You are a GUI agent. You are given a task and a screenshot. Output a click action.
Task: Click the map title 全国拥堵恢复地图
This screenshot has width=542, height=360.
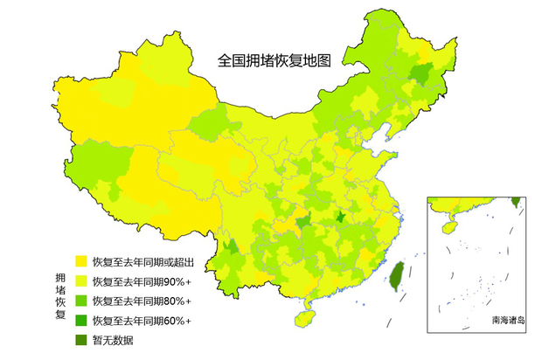[274, 61]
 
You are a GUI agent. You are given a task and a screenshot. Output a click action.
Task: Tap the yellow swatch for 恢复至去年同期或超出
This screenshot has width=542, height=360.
[80, 261]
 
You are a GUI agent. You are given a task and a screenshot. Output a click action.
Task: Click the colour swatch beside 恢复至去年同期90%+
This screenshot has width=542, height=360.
[80, 281]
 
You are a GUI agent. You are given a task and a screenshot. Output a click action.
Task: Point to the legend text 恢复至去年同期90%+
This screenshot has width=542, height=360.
[142, 281]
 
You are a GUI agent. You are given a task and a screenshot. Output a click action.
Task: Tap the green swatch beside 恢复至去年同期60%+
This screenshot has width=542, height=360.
[80, 321]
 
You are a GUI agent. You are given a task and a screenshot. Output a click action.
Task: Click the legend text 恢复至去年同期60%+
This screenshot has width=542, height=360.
[142, 321]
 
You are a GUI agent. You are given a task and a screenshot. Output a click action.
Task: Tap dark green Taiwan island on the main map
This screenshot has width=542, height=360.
[395, 278]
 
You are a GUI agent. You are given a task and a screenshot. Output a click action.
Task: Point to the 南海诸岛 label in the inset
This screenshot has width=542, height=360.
[508, 321]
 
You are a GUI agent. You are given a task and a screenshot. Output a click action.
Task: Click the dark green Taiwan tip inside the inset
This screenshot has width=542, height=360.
[515, 202]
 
